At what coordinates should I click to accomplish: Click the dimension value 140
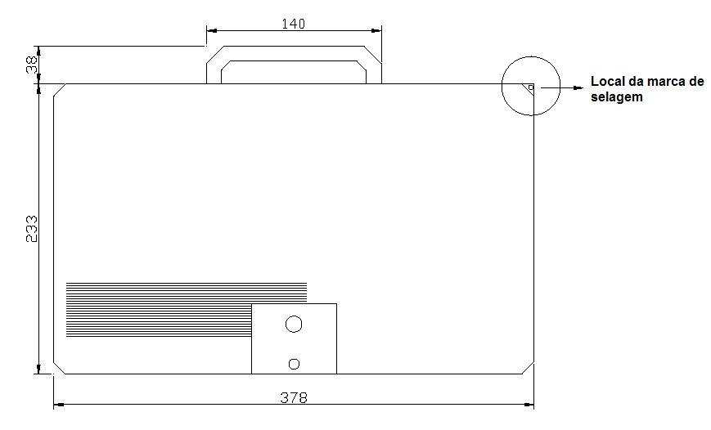(x=294, y=24)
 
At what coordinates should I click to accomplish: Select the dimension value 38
(x=32, y=65)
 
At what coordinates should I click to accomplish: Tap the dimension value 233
(x=31, y=229)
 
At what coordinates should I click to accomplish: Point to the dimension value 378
(x=294, y=397)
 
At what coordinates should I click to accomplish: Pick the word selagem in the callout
(x=617, y=97)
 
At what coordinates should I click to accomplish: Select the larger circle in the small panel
(x=294, y=325)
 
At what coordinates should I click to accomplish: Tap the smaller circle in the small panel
(x=294, y=364)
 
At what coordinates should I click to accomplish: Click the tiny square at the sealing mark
(x=531, y=87)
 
